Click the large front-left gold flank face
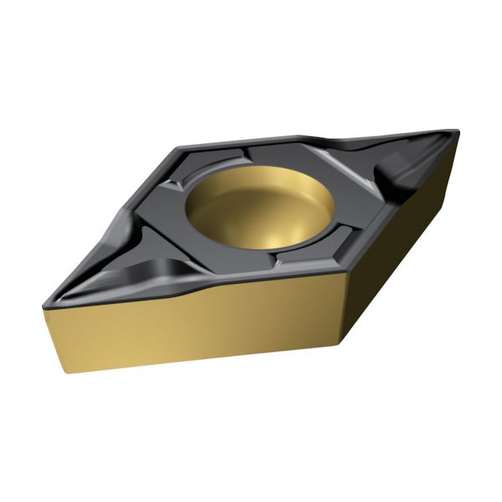(x=192, y=326)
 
